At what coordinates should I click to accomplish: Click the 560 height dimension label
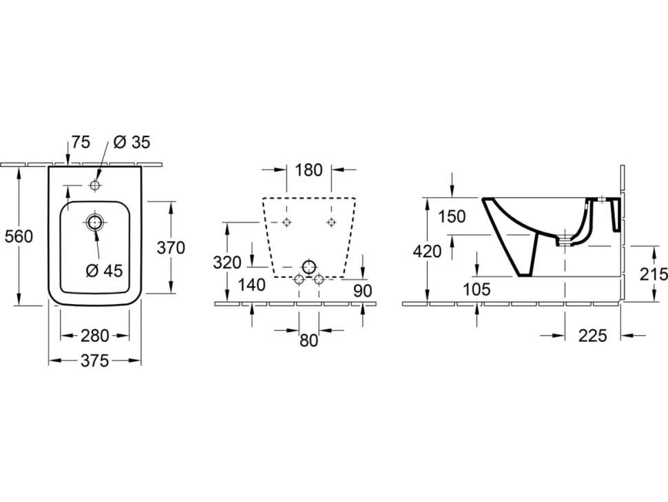(x=19, y=237)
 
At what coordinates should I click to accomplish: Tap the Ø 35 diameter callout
(x=132, y=142)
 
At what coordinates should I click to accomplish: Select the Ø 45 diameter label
(x=105, y=270)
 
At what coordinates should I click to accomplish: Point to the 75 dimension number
(x=81, y=142)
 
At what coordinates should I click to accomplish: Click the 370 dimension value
(x=171, y=248)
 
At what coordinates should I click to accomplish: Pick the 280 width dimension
(x=95, y=336)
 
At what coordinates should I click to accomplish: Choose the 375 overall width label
(x=95, y=361)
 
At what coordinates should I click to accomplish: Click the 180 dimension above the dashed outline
(x=309, y=170)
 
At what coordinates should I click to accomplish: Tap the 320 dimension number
(x=227, y=263)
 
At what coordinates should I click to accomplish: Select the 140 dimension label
(x=252, y=285)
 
